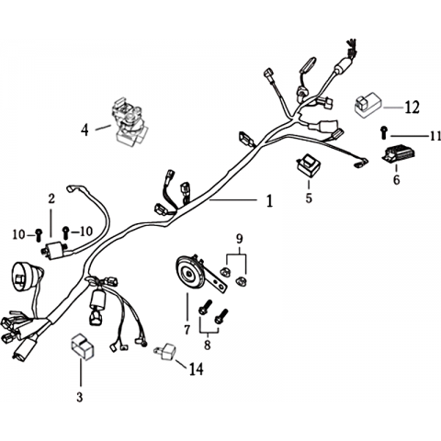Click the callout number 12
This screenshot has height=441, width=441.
[412, 107]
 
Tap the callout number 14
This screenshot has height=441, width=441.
[196, 369]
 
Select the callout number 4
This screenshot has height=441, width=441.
[85, 130]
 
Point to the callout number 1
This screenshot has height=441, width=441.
[269, 201]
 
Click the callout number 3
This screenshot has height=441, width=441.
[80, 397]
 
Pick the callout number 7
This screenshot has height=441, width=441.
[187, 330]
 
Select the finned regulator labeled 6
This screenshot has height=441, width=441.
[400, 153]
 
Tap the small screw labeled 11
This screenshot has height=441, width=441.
[384, 132]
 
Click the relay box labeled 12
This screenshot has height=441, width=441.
[368, 103]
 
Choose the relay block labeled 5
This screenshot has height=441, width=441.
[309, 165]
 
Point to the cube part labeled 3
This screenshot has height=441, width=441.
[83, 346]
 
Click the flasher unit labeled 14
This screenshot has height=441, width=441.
[165, 352]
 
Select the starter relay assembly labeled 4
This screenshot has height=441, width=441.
[130, 123]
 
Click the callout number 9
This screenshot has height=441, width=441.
[239, 239]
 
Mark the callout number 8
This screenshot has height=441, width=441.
[208, 345]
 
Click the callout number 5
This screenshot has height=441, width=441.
[309, 198]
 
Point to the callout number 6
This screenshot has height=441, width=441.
[396, 180]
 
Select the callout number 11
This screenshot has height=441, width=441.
[435, 136]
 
